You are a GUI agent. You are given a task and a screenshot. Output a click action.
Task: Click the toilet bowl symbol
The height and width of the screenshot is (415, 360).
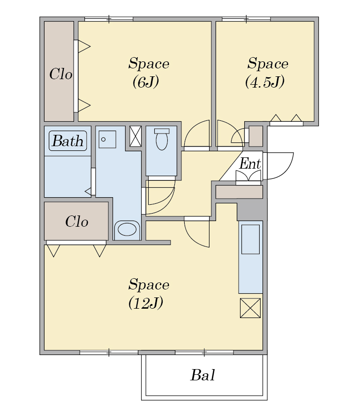tap(162, 141)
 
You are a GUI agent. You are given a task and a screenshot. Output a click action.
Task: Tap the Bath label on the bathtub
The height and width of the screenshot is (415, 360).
tap(68, 141)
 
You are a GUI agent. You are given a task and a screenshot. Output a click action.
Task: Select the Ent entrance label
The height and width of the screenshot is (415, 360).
tap(250, 163)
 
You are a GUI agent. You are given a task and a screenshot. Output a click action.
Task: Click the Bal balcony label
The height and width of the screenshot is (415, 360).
tap(203, 375)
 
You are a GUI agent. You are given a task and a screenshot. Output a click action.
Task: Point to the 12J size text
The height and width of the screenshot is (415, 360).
tap(145, 303)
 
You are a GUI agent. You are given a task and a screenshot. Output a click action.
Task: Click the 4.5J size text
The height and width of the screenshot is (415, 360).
tap(265, 82)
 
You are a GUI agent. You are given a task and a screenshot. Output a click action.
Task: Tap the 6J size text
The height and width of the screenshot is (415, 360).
tap(145, 82)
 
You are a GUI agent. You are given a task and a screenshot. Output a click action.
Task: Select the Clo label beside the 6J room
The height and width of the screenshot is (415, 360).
tap(60, 74)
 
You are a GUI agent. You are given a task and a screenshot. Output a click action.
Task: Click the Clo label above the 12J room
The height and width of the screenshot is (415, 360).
tap(76, 221)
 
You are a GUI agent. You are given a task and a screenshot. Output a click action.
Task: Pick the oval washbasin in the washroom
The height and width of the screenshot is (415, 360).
tap(127, 229)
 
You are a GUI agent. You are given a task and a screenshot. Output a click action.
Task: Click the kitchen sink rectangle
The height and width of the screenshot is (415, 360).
tap(250, 239)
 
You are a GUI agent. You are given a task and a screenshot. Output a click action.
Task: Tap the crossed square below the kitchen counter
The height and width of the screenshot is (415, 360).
tap(250, 308)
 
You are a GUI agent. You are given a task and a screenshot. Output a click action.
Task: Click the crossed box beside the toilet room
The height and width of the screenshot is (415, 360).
tap(135, 136)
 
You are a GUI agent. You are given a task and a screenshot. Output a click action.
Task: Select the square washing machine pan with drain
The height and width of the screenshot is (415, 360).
tap(107, 139)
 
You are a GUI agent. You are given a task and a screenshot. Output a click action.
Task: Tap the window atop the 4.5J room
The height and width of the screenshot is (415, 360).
tap(247, 19)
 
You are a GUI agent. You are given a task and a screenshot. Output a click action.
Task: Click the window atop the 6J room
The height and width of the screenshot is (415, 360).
tap(109, 19)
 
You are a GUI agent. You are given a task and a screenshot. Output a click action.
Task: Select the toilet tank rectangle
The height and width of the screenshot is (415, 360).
tap(162, 131)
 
